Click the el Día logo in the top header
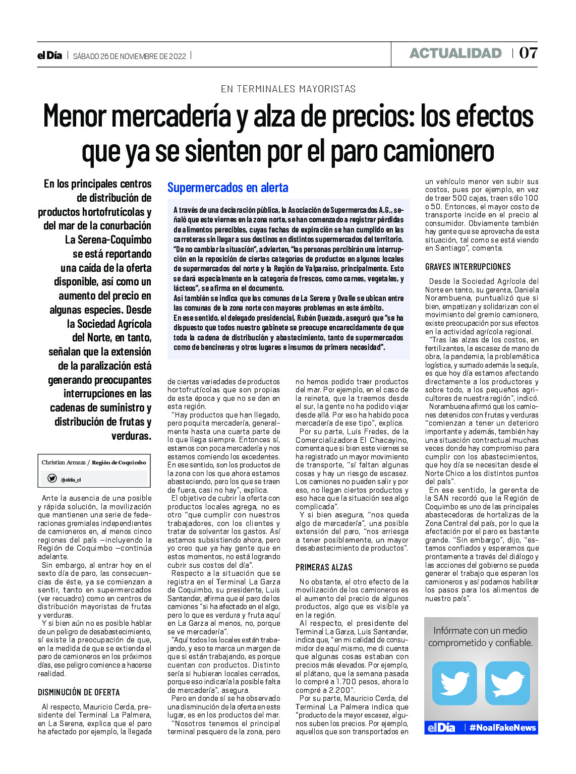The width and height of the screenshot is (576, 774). point(49,55)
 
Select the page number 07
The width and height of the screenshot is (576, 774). point(528,53)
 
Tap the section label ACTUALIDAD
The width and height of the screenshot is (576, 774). point(455,53)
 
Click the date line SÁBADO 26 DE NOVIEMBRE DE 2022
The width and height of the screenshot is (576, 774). point(130,56)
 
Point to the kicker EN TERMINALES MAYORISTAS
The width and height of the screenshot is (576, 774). point(288,89)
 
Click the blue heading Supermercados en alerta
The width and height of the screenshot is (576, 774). point(227,188)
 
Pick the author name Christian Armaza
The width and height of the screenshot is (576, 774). point(64,462)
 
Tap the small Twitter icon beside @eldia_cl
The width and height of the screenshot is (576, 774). point(52,479)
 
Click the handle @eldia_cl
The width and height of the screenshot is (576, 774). point(71,480)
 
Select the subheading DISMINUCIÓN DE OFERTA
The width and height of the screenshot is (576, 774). point(79,692)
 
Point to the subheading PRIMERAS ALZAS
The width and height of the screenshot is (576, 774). point(324,567)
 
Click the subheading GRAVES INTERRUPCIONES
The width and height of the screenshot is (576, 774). point(468,267)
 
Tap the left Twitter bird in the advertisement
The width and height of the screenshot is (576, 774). point(454,683)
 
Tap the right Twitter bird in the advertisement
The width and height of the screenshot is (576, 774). point(507,683)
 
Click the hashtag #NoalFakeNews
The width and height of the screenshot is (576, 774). point(502,728)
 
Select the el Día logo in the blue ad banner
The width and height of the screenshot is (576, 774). point(441,728)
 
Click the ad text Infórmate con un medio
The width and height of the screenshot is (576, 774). point(480,630)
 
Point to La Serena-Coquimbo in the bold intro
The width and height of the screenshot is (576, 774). point(108,240)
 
